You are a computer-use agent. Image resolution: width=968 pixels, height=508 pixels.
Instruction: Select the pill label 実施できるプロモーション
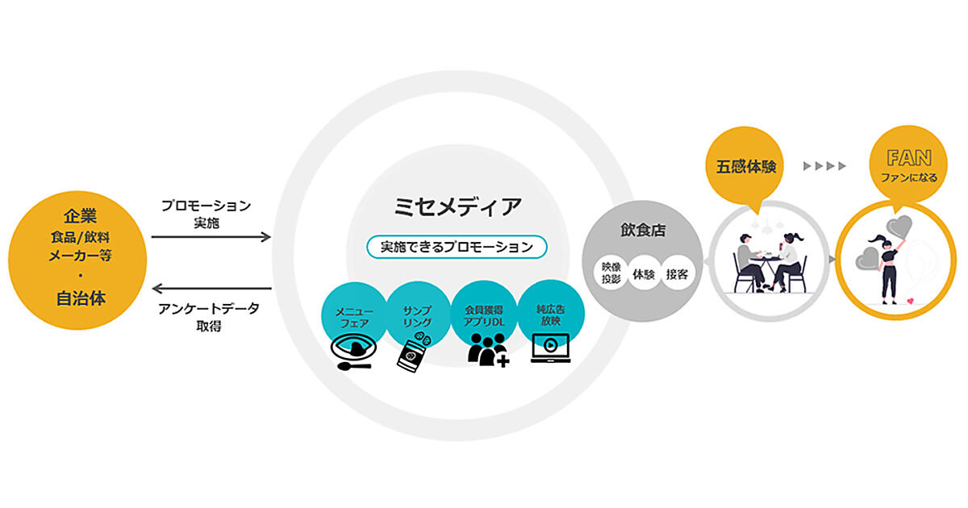tap(457, 246)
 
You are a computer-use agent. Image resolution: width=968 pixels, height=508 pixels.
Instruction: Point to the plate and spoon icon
tap(351, 354)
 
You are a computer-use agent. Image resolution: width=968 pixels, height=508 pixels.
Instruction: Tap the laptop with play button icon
tap(550, 349)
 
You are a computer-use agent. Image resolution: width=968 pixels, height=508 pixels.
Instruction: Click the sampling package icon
tap(414, 352)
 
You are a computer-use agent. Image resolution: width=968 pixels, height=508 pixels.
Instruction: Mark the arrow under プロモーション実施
tap(211, 237)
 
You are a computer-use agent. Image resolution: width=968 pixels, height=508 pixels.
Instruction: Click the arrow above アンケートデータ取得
tap(211, 288)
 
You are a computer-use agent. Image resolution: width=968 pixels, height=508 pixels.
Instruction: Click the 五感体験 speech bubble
tap(747, 169)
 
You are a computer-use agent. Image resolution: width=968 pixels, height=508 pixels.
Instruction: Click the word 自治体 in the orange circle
tap(81, 298)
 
